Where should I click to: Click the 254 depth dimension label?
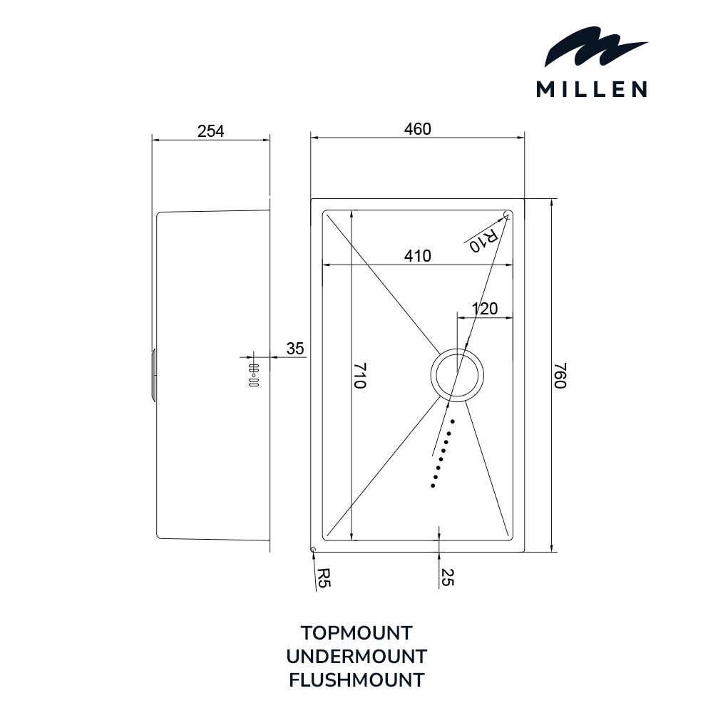click(210, 131)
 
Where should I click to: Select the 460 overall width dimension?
click(417, 129)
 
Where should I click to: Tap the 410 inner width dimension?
click(417, 256)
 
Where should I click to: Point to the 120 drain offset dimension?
click(485, 309)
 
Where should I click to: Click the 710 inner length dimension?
click(359, 375)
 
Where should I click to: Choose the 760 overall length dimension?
click(560, 375)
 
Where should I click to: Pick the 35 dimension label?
click(294, 349)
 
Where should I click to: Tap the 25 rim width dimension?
click(447, 577)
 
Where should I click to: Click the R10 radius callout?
click(484, 239)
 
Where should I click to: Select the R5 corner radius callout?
click(323, 578)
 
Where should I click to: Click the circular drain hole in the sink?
click(457, 375)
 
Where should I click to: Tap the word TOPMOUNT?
click(356, 633)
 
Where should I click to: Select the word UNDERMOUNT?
click(356, 657)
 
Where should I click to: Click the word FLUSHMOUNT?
click(356, 680)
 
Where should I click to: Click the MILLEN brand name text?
click(592, 89)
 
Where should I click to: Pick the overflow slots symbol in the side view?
click(254, 375)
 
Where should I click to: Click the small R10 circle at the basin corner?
click(506, 215)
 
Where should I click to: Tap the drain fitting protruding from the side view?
click(154, 375)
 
